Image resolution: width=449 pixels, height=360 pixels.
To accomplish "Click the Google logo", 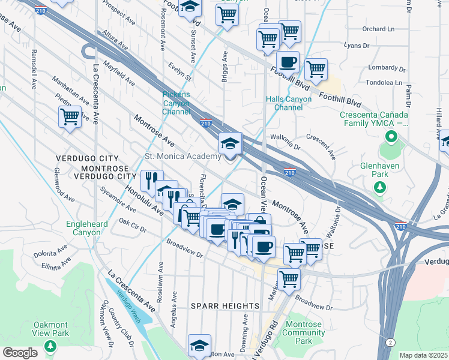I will (20, 352).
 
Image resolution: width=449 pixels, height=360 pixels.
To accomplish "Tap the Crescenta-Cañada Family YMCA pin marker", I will (391, 137).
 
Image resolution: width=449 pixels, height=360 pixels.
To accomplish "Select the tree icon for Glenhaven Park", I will (379, 188).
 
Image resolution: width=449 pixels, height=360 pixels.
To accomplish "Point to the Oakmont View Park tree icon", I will (51, 347).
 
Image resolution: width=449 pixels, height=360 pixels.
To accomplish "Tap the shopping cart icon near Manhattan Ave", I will (70, 116).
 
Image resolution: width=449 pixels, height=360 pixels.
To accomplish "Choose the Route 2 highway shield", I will (391, 342).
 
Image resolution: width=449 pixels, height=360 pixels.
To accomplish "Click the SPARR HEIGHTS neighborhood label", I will (225, 306).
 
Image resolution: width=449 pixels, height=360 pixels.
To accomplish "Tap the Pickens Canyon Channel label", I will (176, 103).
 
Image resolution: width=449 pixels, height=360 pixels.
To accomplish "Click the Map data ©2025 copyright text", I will (424, 355).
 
